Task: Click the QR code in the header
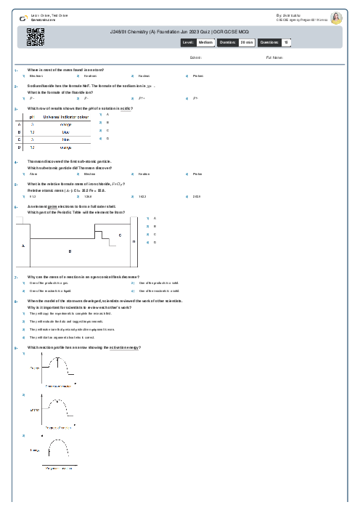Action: pos(36,37)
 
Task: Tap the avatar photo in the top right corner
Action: pos(336,18)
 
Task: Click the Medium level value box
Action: pos(205,43)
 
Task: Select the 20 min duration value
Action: pos(247,43)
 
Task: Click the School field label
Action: pos(195,57)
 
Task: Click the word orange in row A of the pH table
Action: pos(65,124)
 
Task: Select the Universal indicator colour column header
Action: pos(67,116)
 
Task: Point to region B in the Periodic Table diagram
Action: pos(70,251)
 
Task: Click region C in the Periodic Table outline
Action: pos(120,236)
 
